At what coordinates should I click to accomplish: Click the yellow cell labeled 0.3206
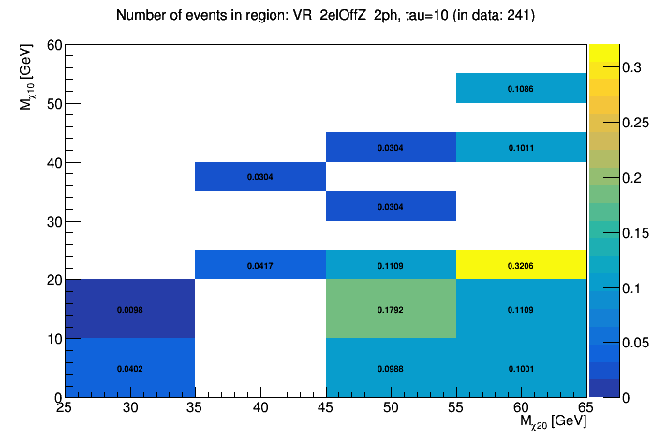click(x=521, y=265)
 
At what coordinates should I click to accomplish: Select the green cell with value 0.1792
click(x=391, y=309)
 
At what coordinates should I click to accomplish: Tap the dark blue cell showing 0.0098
click(x=129, y=309)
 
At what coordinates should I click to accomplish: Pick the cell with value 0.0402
click(x=129, y=368)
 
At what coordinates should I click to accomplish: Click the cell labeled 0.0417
click(x=260, y=265)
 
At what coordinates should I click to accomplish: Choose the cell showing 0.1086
click(x=521, y=88)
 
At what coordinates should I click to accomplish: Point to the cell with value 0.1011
click(x=521, y=147)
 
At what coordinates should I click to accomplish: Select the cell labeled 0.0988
click(x=391, y=368)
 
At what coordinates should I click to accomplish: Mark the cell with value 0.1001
click(x=521, y=368)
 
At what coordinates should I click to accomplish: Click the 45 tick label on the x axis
click(x=326, y=408)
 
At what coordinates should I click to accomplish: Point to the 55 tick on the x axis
click(x=456, y=408)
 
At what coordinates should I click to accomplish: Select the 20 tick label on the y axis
click(x=54, y=280)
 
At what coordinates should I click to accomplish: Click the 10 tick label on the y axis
click(x=54, y=339)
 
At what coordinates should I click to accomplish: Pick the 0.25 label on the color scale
click(x=610, y=123)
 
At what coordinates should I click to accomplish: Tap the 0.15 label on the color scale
click(x=610, y=232)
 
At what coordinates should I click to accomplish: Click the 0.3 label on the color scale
click(x=606, y=67)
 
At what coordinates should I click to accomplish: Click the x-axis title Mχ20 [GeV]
click(x=553, y=423)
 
